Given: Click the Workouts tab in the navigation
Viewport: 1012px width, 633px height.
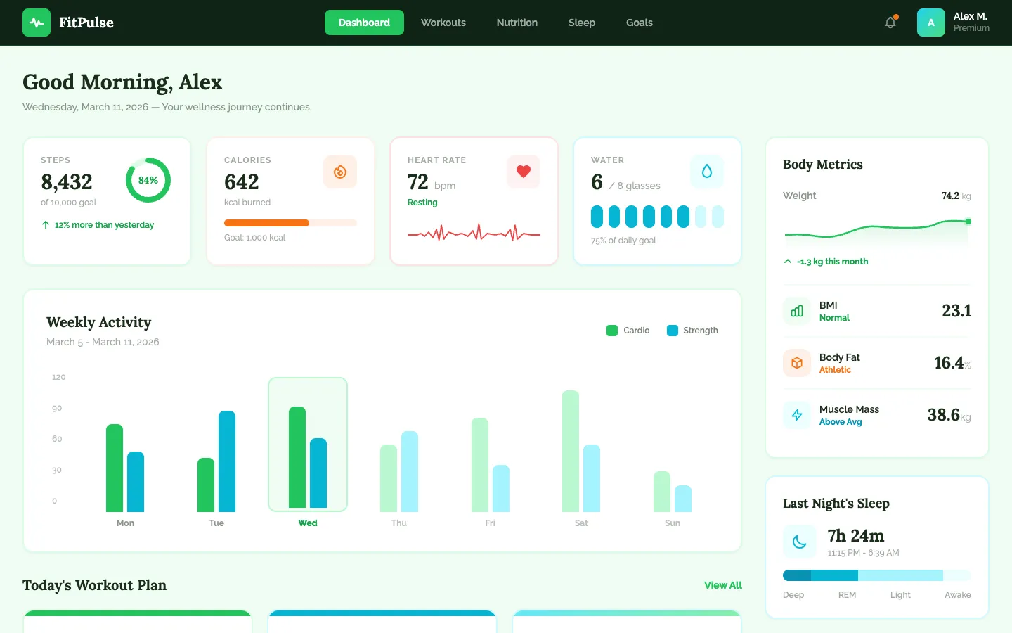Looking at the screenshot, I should [443, 23].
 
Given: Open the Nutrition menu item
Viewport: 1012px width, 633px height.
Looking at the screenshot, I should [517, 23].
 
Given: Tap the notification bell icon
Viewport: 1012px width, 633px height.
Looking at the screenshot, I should [890, 23].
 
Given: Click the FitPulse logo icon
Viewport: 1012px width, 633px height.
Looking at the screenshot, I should [37, 23].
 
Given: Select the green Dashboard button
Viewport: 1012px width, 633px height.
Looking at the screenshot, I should [364, 23].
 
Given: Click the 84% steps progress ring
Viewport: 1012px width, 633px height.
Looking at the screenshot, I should [148, 180].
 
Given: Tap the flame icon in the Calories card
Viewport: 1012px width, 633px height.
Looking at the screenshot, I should [340, 172].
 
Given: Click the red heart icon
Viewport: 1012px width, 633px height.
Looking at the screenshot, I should [524, 172].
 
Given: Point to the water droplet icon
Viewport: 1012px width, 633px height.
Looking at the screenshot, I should [707, 172].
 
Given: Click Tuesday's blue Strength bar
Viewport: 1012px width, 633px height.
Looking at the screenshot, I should [227, 461].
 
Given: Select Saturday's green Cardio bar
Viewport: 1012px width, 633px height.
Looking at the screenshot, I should [571, 452].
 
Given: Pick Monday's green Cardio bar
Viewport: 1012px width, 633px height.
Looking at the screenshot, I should [115, 468].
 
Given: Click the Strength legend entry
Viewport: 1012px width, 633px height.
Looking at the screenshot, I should [692, 331].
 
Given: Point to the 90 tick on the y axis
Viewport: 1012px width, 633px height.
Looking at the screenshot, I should [57, 408].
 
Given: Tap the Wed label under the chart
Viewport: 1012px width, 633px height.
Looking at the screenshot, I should [308, 523].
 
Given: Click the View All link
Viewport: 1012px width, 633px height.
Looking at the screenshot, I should [722, 585].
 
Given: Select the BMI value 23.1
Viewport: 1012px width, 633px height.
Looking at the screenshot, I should [956, 311].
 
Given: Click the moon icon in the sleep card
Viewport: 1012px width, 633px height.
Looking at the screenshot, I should [800, 542].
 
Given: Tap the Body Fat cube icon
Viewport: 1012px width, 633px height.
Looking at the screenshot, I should [797, 363].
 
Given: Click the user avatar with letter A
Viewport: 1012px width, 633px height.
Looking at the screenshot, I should [930, 23].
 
